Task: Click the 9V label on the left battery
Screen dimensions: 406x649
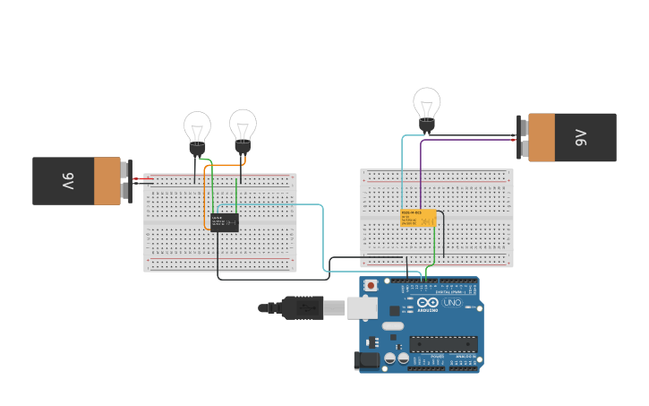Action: pyautogui.click(x=67, y=181)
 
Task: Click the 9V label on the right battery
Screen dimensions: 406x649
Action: pyautogui.click(x=581, y=137)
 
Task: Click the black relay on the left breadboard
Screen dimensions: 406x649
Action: pyautogui.click(x=225, y=222)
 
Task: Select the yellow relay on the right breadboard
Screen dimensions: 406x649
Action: pyautogui.click(x=418, y=218)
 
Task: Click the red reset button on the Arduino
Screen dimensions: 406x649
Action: pyautogui.click(x=371, y=286)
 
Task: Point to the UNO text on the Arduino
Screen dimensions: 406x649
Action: pyautogui.click(x=452, y=302)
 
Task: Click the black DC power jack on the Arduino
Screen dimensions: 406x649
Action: pyautogui.click(x=365, y=361)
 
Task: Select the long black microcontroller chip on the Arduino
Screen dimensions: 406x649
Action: pyautogui.click(x=443, y=343)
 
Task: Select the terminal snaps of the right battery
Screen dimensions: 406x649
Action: pyautogui.click(x=521, y=137)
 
